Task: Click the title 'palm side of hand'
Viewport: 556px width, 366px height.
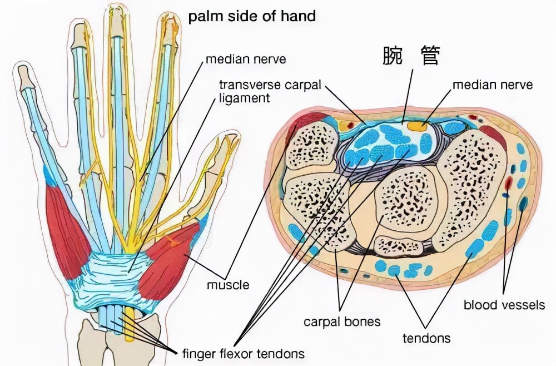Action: (251, 16)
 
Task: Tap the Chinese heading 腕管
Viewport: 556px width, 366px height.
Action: (411, 56)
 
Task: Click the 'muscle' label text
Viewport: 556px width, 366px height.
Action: (227, 285)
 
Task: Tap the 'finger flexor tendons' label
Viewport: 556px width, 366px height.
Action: (243, 353)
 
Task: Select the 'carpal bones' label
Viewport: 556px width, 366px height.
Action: (342, 322)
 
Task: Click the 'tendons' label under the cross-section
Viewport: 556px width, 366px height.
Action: (427, 337)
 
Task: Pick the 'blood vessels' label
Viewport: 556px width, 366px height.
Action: (504, 305)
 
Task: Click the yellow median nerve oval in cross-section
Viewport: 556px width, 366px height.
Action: (417, 126)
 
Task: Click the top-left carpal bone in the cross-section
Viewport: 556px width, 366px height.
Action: (311, 146)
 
